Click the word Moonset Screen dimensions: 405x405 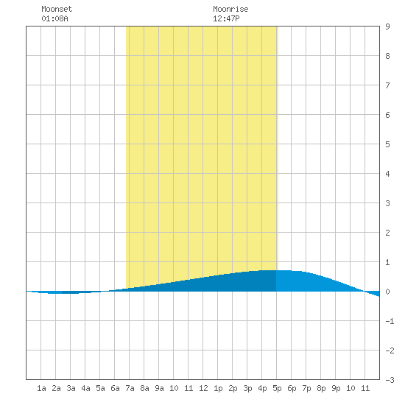[x=57, y=9]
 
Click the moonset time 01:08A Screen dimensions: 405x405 [x=54, y=18]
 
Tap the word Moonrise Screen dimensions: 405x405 [x=230, y=9]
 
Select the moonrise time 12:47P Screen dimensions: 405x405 [x=226, y=18]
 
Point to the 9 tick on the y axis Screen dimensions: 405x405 [x=387, y=27]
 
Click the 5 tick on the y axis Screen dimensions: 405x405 [x=387, y=144]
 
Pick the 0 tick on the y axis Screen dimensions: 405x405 [x=387, y=292]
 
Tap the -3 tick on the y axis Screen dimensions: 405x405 [x=390, y=380]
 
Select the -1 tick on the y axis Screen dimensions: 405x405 [x=390, y=321]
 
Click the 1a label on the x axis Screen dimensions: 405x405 [x=41, y=388]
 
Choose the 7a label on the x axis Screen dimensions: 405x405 [x=130, y=388]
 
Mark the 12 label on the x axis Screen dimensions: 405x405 [x=203, y=388]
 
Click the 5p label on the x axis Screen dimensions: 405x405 [x=277, y=388]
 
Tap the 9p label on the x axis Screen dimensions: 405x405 [x=336, y=388]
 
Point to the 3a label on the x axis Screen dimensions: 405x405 [x=71, y=388]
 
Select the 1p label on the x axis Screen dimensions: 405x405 [x=218, y=388]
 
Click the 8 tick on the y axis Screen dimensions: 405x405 [x=387, y=56]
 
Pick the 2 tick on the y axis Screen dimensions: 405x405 [x=387, y=233]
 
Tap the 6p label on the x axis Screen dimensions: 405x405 [x=292, y=388]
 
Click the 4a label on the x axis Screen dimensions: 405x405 [x=85, y=388]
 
